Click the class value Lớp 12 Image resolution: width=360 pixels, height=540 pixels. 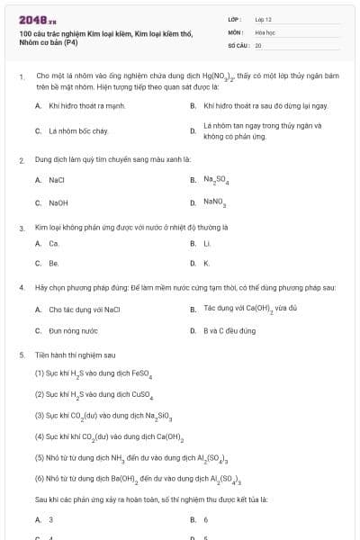pyautogui.click(x=263, y=18)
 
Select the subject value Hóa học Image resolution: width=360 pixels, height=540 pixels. pyautogui.click(x=265, y=31)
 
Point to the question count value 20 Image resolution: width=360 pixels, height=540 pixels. pyautogui.click(x=258, y=44)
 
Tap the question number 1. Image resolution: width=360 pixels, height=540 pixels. pyautogui.click(x=21, y=77)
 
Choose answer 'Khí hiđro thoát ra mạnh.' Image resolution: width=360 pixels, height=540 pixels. pyautogui.click(x=80, y=105)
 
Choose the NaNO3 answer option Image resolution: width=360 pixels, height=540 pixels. pyautogui.click(x=214, y=202)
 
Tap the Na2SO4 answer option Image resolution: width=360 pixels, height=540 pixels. pyautogui.click(x=216, y=180)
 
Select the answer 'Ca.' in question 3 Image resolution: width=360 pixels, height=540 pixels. pyautogui.click(x=54, y=243)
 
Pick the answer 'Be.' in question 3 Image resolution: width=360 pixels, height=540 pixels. pyautogui.click(x=54, y=263)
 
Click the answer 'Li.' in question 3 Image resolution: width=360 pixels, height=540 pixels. pyautogui.click(x=207, y=243)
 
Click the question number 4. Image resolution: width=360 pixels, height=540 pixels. pyautogui.click(x=21, y=287)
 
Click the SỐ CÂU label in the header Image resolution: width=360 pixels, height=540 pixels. pyautogui.click(x=238, y=44)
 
